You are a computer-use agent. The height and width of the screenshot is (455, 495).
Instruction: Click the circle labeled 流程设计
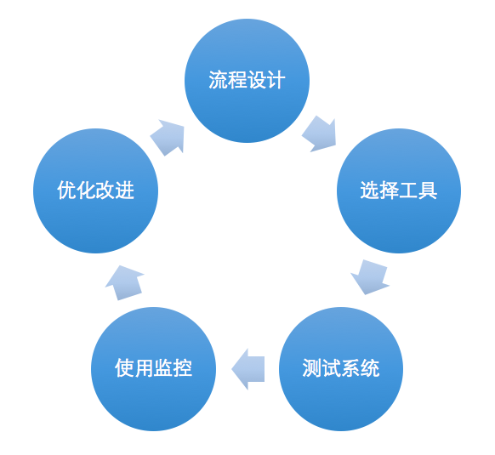pos(247,81)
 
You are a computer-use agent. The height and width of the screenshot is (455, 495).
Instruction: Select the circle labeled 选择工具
pos(399,191)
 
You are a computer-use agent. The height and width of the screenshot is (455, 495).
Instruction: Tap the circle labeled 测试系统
pos(341,369)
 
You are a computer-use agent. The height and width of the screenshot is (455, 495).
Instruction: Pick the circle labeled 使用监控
pos(153,369)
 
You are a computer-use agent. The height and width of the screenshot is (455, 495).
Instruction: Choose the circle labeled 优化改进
pos(95,191)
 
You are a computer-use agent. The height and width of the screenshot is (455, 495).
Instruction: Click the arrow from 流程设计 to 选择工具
pos(320,134)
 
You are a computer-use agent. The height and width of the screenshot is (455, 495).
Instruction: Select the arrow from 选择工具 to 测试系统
pos(370,277)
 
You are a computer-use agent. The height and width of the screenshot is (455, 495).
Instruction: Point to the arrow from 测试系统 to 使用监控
pos(248,369)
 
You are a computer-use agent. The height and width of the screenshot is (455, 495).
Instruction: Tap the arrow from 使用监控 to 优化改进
pos(124,283)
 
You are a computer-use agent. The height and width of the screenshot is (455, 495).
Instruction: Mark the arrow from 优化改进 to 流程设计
pos(168,138)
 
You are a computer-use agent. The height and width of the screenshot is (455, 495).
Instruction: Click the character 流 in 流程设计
pos(218,80)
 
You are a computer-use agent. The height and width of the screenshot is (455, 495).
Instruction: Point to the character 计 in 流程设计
pos(276,80)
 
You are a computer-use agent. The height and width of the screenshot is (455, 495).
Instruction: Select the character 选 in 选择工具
pos(370,191)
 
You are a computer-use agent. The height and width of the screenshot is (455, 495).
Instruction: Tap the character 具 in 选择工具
pos(428,191)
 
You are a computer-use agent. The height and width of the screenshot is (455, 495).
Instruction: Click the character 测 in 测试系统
pos(312,368)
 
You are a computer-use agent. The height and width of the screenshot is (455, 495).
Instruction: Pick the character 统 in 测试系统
pos(370,368)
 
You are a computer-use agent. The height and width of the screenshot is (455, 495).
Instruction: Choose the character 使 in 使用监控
pos(124,368)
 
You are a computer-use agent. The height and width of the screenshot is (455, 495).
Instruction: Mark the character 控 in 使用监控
pos(183,368)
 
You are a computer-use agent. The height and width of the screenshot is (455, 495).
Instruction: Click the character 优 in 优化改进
pos(66,191)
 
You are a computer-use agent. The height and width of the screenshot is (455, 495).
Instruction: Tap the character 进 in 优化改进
pos(125,191)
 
